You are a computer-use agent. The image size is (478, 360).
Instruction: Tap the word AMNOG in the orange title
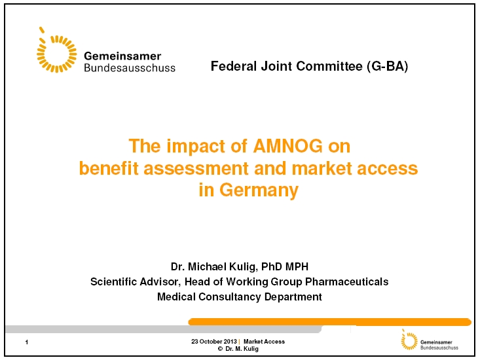pos(287,146)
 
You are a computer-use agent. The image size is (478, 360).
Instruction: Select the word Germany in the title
pos(259,190)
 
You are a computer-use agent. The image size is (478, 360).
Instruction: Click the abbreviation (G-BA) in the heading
pos(387,66)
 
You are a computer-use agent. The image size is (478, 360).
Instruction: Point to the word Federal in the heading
pos(234,66)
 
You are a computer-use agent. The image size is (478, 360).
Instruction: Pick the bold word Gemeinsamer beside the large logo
pos(122,56)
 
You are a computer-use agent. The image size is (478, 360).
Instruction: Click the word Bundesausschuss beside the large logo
pos(130,67)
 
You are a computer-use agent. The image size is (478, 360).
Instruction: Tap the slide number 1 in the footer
pos(27,342)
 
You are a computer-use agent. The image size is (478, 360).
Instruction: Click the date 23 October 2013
pos(213,342)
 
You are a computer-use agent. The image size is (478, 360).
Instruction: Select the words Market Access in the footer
pos(264,342)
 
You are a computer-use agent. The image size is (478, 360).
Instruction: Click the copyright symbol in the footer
pos(220,349)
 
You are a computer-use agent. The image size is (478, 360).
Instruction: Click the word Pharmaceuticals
pos(346,281)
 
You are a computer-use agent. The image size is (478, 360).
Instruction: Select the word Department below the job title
pos(293,297)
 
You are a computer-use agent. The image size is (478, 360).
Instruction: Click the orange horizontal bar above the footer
pos(330,321)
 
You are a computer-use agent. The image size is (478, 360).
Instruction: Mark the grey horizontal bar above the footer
pos(164,329)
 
